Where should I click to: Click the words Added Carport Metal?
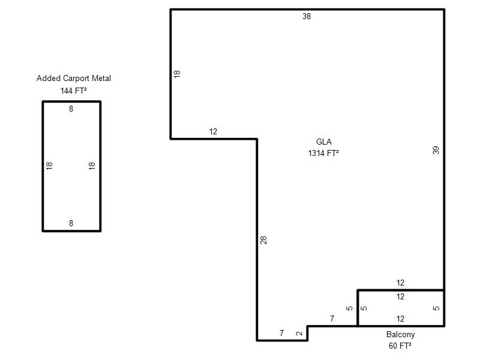coord(73,79)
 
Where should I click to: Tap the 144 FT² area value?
coord(73,91)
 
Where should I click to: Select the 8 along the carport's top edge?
coord(71,109)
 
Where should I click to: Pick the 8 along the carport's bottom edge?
coord(71,223)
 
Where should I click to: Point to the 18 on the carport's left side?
coord(49,166)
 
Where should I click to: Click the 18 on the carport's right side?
coord(92,166)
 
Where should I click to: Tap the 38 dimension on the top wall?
coord(307,16)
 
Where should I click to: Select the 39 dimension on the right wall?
coord(436,150)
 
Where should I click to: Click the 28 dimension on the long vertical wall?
coord(263,240)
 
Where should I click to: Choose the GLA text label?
coord(324,142)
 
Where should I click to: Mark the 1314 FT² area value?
coord(323,153)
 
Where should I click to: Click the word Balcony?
coord(400,335)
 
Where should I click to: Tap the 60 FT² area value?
coord(400,346)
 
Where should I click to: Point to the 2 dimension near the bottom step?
coord(299,333)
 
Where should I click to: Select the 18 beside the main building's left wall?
coord(177,74)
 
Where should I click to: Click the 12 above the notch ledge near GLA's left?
coord(213,131)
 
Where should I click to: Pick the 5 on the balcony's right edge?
coord(436,308)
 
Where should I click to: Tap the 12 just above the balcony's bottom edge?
coord(400,319)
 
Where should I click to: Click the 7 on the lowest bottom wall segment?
coord(281,333)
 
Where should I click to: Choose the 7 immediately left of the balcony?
coord(332,319)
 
